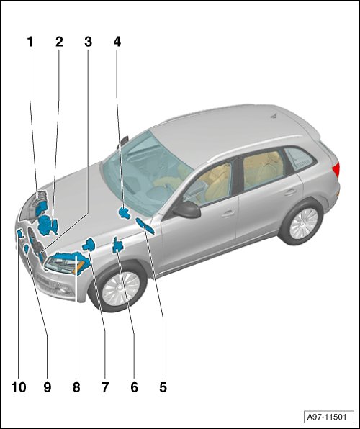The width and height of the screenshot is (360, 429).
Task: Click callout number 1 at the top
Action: tap(30, 42)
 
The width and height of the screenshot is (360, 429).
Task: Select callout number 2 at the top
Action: tap(59, 42)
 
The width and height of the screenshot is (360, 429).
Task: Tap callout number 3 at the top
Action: tap(88, 42)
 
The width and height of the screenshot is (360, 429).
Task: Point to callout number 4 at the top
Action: tap(117, 42)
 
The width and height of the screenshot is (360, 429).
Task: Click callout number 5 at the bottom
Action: tap(163, 387)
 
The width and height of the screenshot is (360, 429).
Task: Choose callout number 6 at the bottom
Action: tap(134, 387)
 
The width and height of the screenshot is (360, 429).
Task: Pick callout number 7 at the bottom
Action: tap(105, 387)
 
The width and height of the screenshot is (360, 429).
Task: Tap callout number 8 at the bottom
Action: tap(76, 387)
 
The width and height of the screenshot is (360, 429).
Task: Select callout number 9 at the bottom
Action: tap(48, 387)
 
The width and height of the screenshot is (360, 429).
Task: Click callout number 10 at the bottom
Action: tap(19, 387)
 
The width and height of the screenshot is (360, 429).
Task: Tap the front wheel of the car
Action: tap(120, 288)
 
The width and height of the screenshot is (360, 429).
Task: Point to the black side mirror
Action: tap(186, 209)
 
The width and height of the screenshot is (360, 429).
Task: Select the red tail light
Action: tap(336, 169)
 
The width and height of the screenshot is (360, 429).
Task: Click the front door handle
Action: tap(228, 214)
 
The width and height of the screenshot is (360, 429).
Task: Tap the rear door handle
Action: tap(290, 191)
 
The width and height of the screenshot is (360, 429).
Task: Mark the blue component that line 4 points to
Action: tap(124, 213)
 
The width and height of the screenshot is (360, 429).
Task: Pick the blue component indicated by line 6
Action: tap(117, 245)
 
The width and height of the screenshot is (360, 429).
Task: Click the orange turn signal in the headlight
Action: tap(79, 267)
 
